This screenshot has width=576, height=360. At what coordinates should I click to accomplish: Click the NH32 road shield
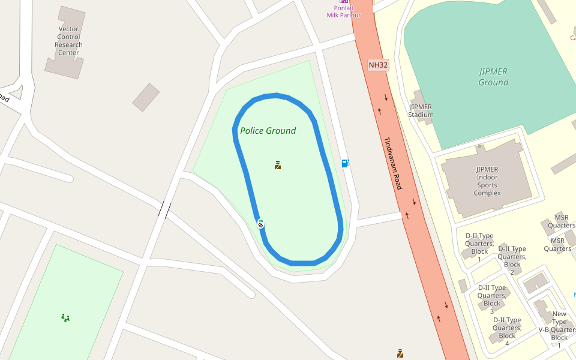click(379, 65)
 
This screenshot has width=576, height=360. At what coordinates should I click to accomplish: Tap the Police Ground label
click(268, 131)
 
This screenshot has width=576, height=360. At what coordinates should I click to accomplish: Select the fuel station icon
click(345, 163)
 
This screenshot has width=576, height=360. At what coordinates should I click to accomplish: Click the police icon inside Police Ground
click(278, 165)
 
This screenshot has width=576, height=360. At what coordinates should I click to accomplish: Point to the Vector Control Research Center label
click(68, 41)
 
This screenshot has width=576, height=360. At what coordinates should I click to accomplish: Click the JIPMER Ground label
click(493, 77)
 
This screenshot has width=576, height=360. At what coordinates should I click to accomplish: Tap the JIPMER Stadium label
click(421, 111)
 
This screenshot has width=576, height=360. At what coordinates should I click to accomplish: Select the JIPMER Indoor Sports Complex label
click(487, 181)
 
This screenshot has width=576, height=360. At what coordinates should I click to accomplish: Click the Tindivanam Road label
click(393, 164)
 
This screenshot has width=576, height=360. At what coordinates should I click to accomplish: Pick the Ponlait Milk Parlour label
click(343, 11)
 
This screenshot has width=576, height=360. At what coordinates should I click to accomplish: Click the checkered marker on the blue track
click(260, 224)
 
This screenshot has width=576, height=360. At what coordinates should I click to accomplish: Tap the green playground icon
click(65, 317)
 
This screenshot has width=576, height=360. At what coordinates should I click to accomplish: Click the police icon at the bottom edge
click(400, 353)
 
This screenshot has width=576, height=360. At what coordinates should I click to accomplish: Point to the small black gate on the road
click(165, 210)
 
